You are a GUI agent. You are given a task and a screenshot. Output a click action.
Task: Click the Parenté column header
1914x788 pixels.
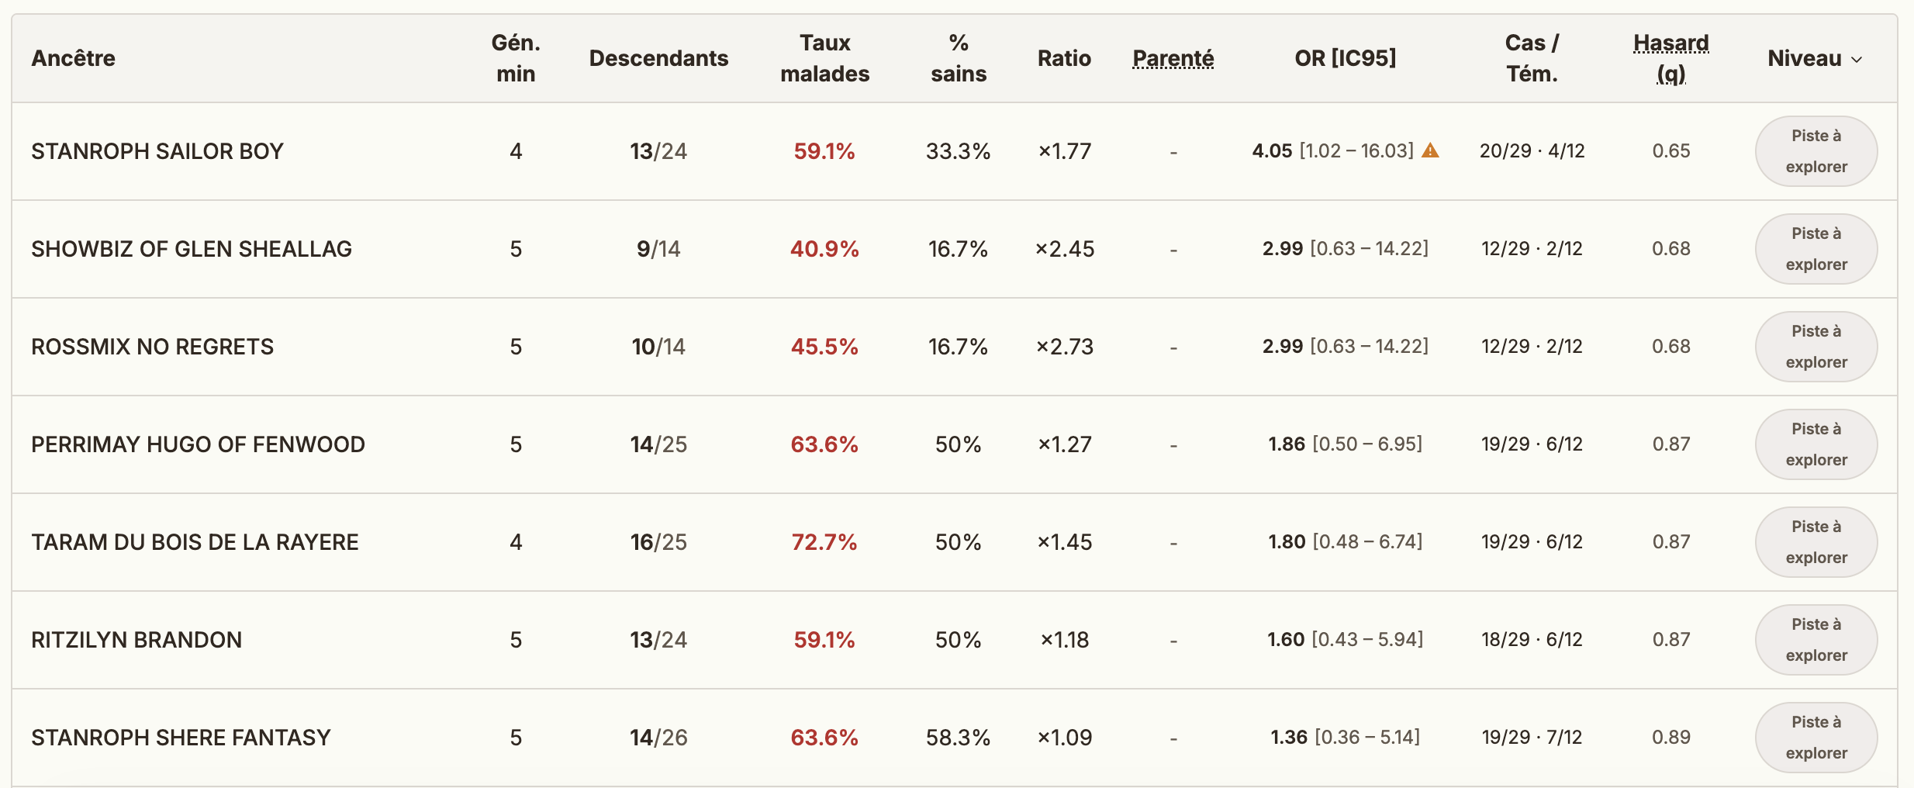[x=1173, y=58]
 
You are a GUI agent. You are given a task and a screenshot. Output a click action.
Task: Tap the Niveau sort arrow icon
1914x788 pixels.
[x=1857, y=60]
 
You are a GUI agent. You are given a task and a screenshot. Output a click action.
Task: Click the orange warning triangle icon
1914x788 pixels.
[x=1430, y=150]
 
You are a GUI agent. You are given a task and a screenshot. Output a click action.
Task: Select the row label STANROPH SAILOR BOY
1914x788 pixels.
[x=157, y=151]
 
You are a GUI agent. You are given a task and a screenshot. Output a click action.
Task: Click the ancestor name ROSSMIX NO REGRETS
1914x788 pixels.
[x=153, y=347]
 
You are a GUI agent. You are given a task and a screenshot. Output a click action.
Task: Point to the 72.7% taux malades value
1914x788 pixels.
[x=824, y=542]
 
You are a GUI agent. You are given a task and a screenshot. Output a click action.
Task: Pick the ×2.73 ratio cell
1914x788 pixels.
[x=1065, y=347]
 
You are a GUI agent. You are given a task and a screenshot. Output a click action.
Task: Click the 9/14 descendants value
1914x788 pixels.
[x=658, y=249]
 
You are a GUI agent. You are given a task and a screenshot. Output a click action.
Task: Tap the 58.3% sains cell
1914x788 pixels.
[x=959, y=738]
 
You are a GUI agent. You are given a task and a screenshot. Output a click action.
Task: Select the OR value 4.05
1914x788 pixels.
[x=1272, y=151]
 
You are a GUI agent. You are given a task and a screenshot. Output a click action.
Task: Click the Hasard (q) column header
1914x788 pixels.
[x=1671, y=58]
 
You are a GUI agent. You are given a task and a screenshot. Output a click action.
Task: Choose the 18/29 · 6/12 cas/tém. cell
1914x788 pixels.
[x=1532, y=640]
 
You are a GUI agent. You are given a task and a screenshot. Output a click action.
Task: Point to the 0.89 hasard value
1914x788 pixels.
[x=1671, y=738]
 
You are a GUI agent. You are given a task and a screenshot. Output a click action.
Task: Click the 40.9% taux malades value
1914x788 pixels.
[x=824, y=249]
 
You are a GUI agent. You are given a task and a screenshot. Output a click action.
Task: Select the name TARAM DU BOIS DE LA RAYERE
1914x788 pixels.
[x=195, y=542]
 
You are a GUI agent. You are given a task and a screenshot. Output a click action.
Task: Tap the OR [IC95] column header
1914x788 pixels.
[x=1346, y=58]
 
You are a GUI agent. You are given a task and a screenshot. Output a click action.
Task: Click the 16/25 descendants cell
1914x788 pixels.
[x=658, y=542]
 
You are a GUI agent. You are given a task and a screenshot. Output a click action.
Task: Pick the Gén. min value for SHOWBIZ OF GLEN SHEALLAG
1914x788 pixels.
[x=516, y=249]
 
